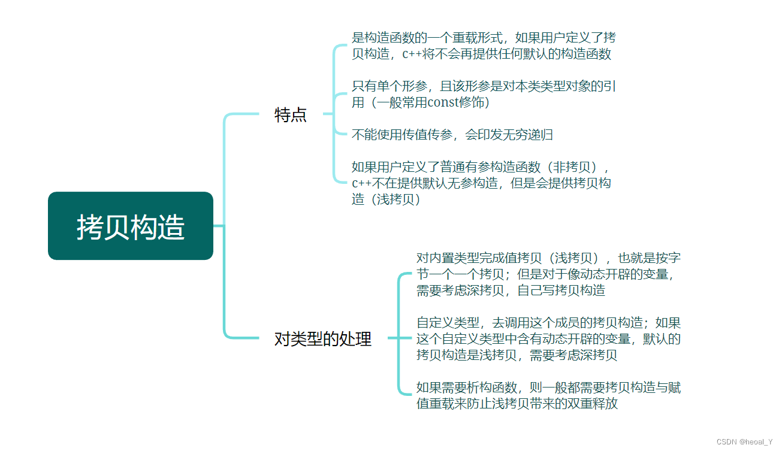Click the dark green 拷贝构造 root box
click(131, 226)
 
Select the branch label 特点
click(291, 115)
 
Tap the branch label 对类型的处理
click(323, 339)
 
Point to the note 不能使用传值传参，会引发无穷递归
click(452, 135)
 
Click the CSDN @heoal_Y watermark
click(744, 442)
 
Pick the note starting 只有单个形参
click(484, 95)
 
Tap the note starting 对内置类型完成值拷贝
click(548, 274)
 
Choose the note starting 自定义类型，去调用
click(548, 339)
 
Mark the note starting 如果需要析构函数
click(548, 396)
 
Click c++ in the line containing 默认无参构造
click(361, 184)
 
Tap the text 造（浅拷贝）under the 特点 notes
click(387, 200)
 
